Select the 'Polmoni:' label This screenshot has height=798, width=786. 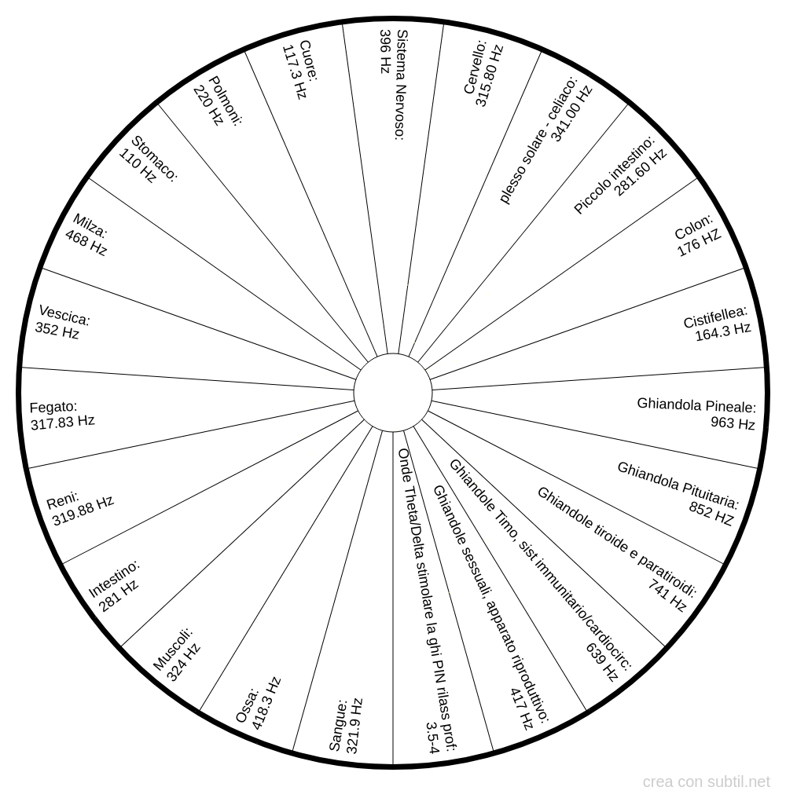point(226,101)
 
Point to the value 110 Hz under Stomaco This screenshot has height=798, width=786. point(137,166)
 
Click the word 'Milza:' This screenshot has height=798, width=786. point(90,226)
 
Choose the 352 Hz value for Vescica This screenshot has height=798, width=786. point(57,331)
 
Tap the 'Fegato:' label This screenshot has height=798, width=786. point(53,407)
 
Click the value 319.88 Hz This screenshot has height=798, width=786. point(83,511)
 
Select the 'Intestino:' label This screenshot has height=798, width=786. point(114,579)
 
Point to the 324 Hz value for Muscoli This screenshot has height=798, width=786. point(183,662)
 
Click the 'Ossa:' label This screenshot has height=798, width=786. point(248,705)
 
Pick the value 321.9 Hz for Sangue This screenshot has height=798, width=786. point(354,726)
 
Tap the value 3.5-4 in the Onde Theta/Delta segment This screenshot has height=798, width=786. point(432,738)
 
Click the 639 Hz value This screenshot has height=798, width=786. point(602,661)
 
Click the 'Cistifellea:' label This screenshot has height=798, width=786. point(715,317)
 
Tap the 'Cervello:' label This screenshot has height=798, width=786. point(476,68)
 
